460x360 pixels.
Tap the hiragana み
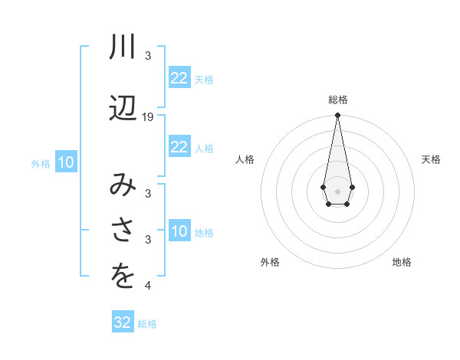pos(123,186)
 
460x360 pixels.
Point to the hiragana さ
pos(123,229)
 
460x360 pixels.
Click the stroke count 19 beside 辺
pos(148,117)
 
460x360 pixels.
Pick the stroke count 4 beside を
pos(148,286)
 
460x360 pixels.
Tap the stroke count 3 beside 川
pos(148,56)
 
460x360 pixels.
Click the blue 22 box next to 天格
pos(179,78)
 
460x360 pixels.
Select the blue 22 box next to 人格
pos(179,147)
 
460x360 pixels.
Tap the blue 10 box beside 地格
pos(179,231)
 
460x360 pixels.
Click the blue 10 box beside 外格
pos(66,162)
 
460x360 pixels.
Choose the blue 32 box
pos(123,322)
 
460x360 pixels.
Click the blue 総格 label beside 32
pos(147,324)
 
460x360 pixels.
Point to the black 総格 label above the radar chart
pos(337,100)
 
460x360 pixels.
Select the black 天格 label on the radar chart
pos(432,159)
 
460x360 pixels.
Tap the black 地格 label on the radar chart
pos(402,263)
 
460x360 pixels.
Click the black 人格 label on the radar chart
pos(245,159)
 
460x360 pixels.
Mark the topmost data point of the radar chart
pos(337,116)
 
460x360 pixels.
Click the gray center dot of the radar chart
pos(337,190)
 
